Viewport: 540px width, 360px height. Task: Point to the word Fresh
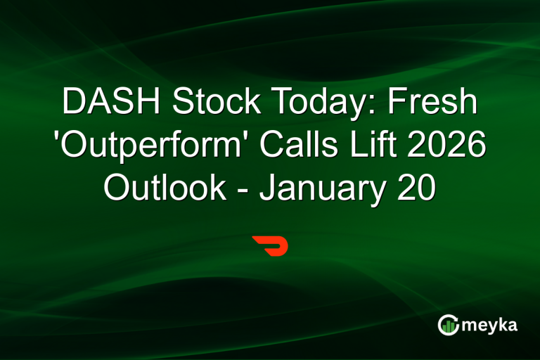point(433,104)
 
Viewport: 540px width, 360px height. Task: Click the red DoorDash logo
point(270,247)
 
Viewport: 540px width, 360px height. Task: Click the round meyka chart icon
point(449,325)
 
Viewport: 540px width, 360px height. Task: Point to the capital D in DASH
point(73,104)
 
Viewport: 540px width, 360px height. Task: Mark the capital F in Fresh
point(399,104)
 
